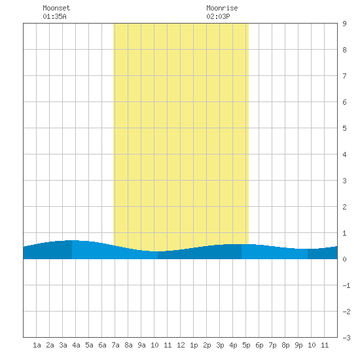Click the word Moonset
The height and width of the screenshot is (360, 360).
[x=56, y=8]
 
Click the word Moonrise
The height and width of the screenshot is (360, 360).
[x=222, y=8]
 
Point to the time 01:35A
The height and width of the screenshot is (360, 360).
[x=54, y=16]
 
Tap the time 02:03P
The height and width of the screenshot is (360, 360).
[x=218, y=16]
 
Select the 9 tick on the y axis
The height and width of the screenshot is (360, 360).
[x=344, y=24]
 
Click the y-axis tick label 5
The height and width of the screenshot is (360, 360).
[x=344, y=128]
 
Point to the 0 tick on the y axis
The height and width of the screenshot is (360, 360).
[x=344, y=259]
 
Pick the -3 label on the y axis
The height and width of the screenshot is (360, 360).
[x=346, y=338]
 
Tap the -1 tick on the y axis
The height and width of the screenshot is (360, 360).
[x=346, y=285]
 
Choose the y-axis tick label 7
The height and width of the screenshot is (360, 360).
[x=344, y=76]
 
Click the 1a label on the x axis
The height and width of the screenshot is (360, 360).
[x=37, y=345]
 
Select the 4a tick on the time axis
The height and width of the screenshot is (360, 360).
[x=76, y=345]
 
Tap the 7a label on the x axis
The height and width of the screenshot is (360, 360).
[x=115, y=345]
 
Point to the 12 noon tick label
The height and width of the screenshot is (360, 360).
[x=181, y=345]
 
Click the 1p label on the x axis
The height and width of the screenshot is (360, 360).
[x=194, y=345]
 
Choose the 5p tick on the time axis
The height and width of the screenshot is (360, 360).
[x=246, y=345]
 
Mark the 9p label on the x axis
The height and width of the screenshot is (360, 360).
[x=298, y=345]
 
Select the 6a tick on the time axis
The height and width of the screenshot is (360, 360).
[x=102, y=345]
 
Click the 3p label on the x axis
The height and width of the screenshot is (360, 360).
[x=220, y=345]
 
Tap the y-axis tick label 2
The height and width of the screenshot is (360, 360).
[x=344, y=207]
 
